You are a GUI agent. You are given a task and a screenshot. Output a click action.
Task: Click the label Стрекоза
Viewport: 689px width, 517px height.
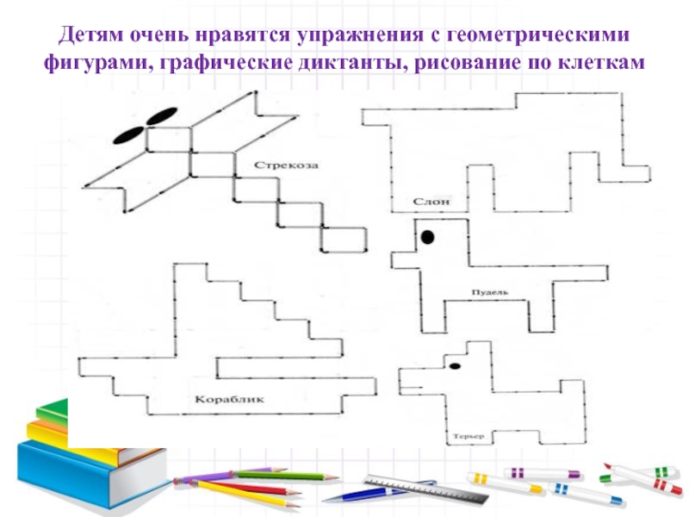[x=280, y=164]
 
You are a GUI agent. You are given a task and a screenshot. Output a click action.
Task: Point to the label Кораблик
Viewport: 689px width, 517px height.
[x=228, y=399]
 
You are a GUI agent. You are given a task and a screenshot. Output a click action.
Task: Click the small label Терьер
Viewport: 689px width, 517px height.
[x=466, y=436]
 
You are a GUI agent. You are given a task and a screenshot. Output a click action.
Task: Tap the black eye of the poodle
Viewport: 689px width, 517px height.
[x=427, y=234]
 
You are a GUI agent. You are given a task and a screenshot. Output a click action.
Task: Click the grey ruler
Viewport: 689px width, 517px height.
[x=422, y=488]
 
